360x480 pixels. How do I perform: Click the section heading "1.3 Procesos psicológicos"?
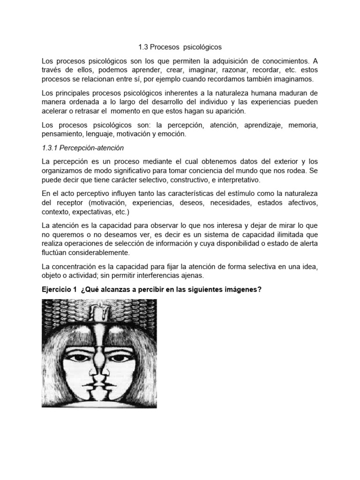pos(180,47)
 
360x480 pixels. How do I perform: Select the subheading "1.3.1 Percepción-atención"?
pos(82,148)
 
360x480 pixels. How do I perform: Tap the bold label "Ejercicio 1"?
pos(59,290)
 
